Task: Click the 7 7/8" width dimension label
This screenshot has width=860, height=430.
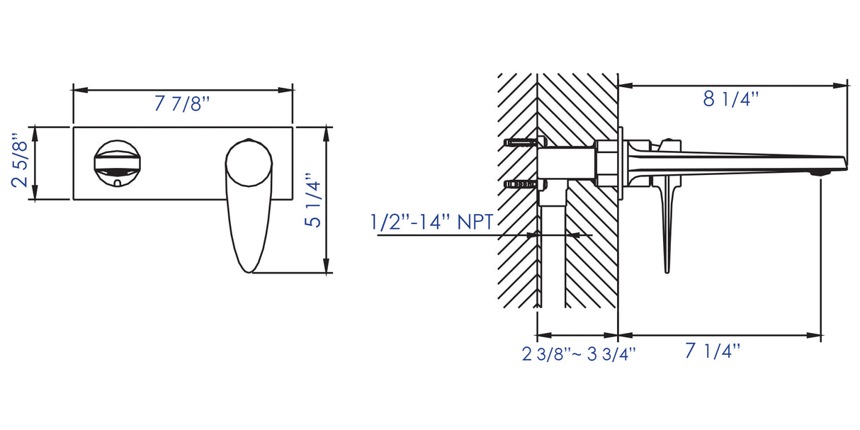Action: pos(183,104)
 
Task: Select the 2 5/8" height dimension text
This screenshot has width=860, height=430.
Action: pos(21,163)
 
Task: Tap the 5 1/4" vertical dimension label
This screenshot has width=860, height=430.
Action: pos(312,200)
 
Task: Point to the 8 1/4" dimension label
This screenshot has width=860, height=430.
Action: pos(730,99)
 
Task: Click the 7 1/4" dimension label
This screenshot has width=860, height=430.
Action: pos(712,351)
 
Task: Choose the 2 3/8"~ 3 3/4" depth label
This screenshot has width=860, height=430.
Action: pos(579,353)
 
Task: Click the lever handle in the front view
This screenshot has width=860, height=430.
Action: pos(248,202)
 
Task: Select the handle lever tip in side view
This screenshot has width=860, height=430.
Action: pos(666,262)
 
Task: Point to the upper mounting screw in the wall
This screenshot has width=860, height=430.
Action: pos(520,142)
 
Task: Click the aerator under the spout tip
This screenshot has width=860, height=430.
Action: pos(820,172)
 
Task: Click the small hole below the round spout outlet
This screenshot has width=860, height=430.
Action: pos(117,182)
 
